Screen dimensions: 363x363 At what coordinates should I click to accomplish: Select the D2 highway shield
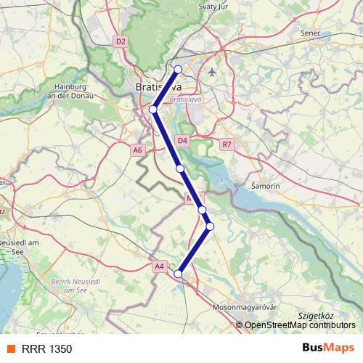[121, 42]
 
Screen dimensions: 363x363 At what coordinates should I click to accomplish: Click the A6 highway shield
[138, 150]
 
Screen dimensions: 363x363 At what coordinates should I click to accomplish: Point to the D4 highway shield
[182, 140]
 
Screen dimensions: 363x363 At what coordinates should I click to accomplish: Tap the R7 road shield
[228, 144]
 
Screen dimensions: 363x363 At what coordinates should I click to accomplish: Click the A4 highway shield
[160, 266]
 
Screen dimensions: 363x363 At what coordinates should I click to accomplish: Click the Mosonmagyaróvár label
[246, 307]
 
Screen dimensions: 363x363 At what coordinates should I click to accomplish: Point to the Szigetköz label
[315, 317]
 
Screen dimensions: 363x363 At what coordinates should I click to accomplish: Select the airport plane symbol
[211, 73]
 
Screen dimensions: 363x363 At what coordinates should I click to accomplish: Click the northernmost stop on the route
[178, 70]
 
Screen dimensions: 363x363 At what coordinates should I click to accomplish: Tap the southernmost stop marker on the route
[178, 274]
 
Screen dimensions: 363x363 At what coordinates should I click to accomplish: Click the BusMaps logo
[327, 348]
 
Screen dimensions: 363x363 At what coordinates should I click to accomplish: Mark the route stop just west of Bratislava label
[153, 110]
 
